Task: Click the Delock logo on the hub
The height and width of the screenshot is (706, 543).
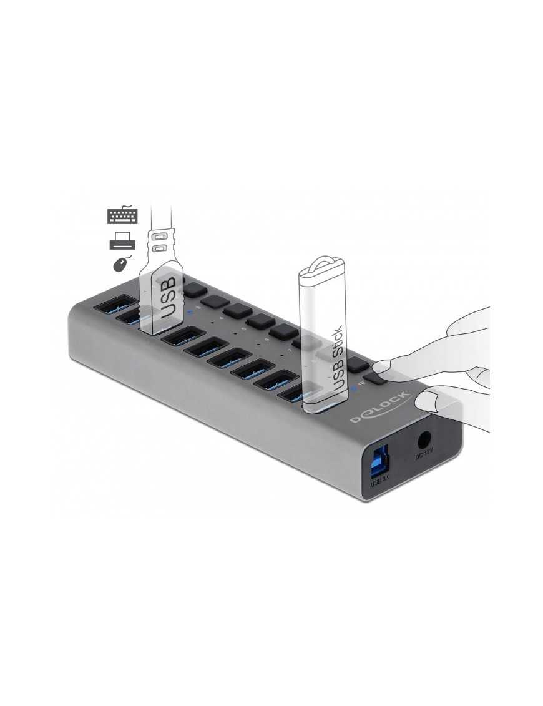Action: coord(380,406)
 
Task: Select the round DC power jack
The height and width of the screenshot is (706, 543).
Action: coord(426,441)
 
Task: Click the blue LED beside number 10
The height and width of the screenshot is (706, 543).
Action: coord(353,388)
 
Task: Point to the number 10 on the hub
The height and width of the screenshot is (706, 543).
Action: coord(362,385)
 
